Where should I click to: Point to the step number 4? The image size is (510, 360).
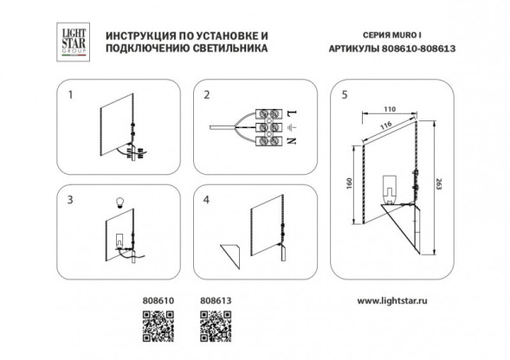[207, 199]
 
